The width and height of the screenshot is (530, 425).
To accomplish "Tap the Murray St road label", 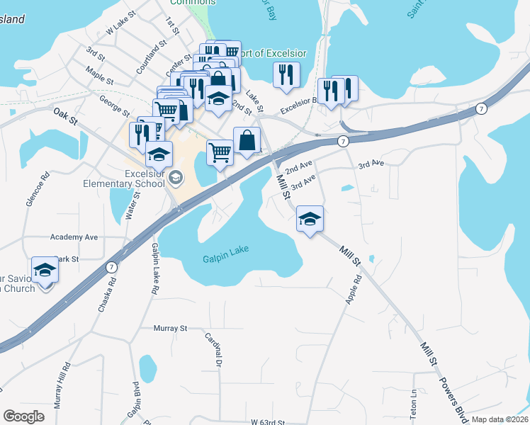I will coord(170,328).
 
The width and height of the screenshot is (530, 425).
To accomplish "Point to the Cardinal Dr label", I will coord(215,349).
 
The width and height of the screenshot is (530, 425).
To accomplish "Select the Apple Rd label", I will coord(354,289).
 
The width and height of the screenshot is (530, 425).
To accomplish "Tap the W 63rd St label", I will coord(267,421).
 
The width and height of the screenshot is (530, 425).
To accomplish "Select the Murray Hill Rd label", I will coord(66,383).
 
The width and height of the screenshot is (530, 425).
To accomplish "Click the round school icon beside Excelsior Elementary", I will coord(177,176).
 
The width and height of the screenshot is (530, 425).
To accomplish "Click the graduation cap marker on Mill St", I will coord(310,220).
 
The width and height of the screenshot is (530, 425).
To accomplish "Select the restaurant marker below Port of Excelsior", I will coord(286,74).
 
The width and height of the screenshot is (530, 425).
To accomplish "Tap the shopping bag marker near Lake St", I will coord(247,140).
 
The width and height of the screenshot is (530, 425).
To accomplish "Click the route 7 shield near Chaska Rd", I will coord(111,268).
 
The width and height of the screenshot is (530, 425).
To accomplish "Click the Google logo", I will coord(23,416).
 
